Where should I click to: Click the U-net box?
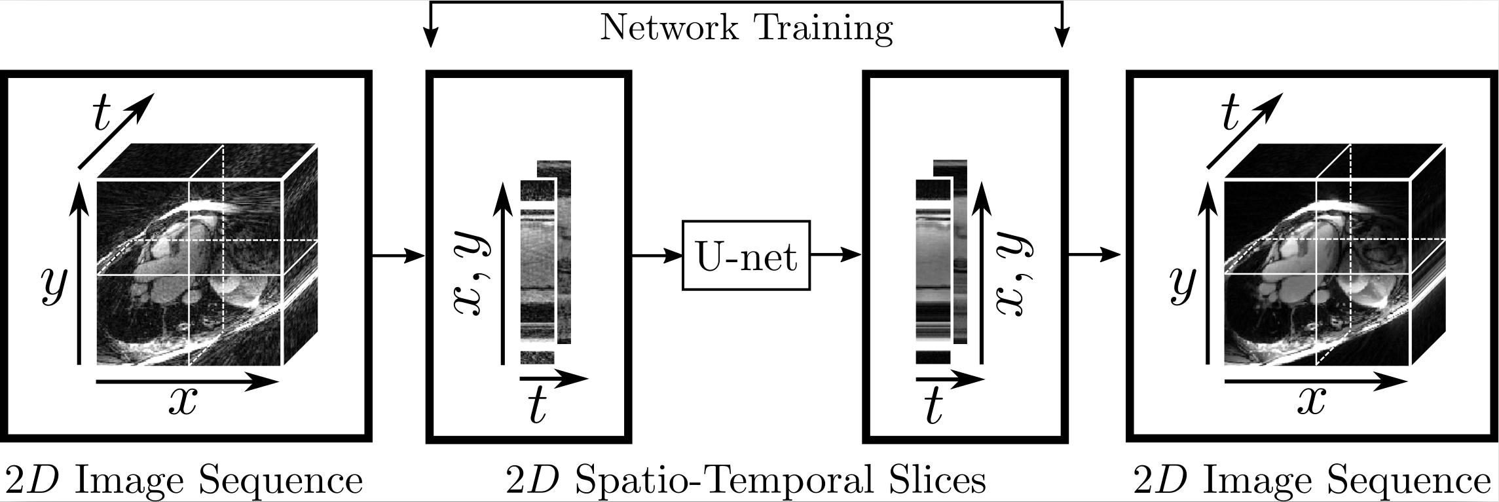746,256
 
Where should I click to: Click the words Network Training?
746,28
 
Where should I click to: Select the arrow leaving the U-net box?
835,256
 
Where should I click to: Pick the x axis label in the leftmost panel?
182,401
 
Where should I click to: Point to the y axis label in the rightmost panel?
1181,286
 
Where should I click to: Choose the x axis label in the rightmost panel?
1311,401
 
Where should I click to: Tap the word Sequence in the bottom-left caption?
280,481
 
